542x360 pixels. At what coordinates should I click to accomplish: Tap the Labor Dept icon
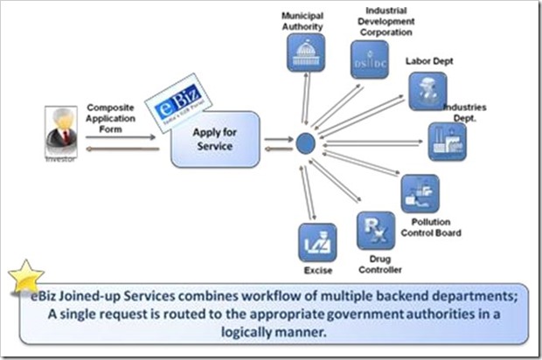tap(427, 91)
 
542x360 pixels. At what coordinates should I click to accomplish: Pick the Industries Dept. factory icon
tap(446, 142)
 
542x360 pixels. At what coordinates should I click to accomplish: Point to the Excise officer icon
tap(317, 242)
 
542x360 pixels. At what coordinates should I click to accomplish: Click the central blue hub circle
tap(304, 141)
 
